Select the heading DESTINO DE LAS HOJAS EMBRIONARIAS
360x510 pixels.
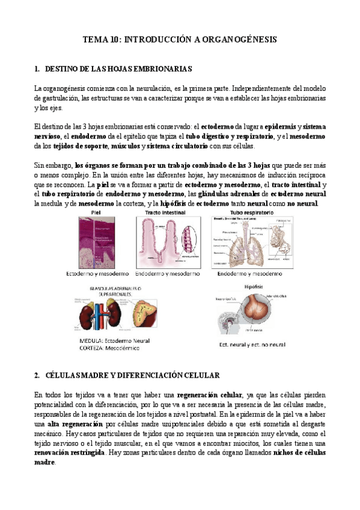[118, 69]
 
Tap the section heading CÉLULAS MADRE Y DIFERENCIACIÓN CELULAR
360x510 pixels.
[132, 375]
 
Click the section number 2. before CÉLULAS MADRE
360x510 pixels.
[38, 375]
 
